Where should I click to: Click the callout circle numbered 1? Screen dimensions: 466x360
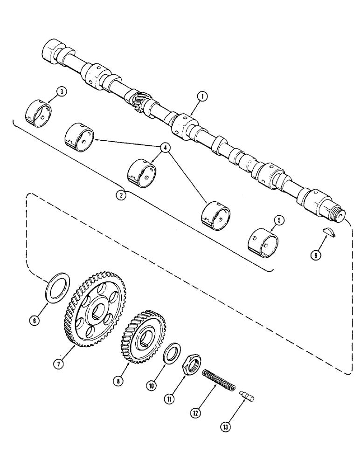(x=201, y=96)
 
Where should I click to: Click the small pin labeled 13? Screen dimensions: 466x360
(x=247, y=396)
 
